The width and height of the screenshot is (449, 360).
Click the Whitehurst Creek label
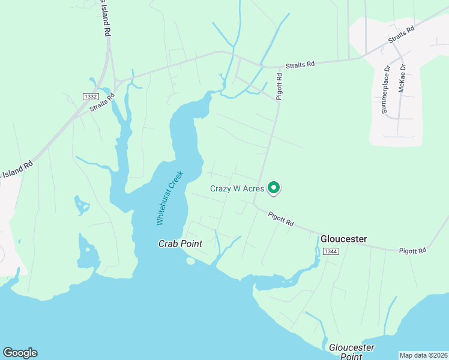click(x=169, y=197)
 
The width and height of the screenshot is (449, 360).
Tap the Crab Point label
click(x=180, y=244)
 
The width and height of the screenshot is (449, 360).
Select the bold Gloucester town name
click(x=343, y=239)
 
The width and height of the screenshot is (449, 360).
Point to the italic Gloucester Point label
click(x=351, y=352)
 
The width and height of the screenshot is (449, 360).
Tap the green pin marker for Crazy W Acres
click(x=274, y=188)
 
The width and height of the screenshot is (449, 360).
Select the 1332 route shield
click(x=90, y=97)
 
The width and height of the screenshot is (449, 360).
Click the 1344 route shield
click(x=330, y=251)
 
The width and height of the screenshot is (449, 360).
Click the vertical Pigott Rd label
click(x=279, y=86)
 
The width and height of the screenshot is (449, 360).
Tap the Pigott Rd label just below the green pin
click(x=281, y=218)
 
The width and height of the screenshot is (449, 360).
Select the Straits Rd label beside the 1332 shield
click(x=102, y=102)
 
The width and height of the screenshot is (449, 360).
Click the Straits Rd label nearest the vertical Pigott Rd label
click(x=300, y=64)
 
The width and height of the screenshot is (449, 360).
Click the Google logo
click(x=20, y=353)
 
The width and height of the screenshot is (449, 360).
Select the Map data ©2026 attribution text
click(x=423, y=355)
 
